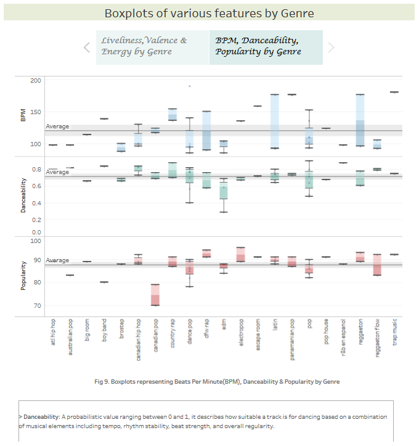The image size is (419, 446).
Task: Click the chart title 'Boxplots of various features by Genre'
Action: [x=209, y=13]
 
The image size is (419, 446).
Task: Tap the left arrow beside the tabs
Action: [x=87, y=47]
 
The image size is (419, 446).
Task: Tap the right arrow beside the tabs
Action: [x=331, y=47]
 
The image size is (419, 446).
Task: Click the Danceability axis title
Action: [x=22, y=196]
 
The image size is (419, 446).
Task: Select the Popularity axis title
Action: [x=22, y=276]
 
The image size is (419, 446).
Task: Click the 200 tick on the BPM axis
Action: [x=35, y=81]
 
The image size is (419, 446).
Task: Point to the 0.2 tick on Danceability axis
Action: [x=37, y=220]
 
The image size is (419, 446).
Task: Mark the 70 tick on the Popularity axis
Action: [x=37, y=306]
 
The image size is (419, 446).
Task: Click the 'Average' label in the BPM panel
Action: [x=57, y=126]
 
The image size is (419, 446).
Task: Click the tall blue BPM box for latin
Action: [x=275, y=121]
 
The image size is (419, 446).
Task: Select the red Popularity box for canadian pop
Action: [x=155, y=295]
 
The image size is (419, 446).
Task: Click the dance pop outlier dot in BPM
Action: [x=190, y=86]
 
